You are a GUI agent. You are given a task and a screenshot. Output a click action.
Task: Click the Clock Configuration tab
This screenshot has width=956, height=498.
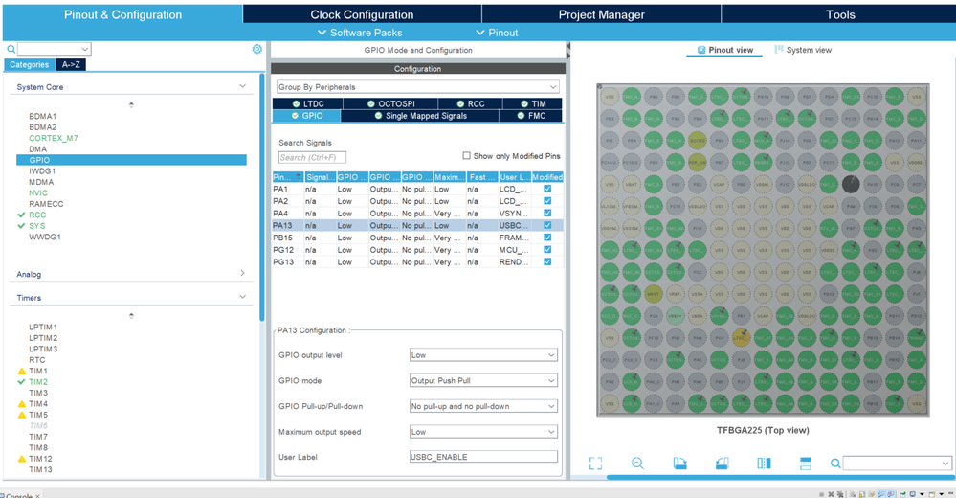click(362, 14)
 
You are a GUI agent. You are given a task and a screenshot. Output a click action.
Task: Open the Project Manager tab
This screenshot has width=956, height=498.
click(601, 14)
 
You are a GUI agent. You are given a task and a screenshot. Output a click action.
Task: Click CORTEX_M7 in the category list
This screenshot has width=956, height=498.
click(54, 138)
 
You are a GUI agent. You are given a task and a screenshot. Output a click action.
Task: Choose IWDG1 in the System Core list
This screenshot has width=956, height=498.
click(43, 171)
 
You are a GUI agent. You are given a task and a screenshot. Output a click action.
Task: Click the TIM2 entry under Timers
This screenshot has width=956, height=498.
click(38, 382)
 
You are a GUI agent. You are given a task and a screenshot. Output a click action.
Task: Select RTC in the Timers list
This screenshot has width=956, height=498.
click(36, 360)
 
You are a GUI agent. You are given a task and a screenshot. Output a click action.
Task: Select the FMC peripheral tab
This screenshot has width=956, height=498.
click(532, 116)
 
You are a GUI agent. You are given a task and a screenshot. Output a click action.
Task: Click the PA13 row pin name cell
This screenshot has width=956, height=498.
click(281, 225)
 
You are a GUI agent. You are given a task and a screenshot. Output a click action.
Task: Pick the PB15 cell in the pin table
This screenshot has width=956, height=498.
click(282, 238)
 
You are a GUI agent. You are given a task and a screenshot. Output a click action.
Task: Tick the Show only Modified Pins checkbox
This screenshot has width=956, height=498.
click(467, 156)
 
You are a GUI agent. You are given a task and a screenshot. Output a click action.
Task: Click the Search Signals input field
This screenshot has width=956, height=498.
click(312, 157)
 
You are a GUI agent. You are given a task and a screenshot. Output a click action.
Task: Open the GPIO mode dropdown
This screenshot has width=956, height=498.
click(483, 380)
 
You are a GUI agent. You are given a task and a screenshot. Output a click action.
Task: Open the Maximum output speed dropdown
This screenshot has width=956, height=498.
click(483, 432)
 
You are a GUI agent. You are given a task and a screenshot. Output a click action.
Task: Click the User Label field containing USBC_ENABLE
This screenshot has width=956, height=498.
click(483, 457)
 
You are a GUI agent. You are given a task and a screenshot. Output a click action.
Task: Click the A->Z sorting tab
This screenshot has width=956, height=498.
click(70, 64)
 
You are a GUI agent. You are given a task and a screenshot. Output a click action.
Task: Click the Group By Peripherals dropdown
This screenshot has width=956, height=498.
click(417, 87)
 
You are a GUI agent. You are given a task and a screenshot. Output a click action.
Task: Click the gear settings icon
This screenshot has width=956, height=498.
click(257, 49)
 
